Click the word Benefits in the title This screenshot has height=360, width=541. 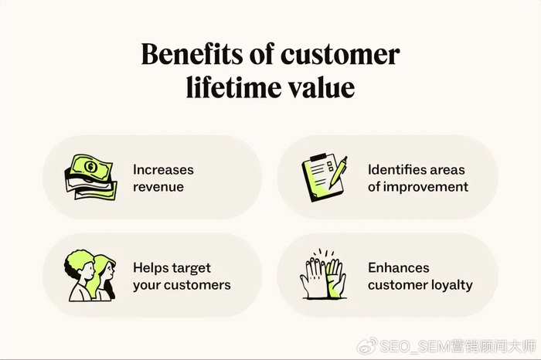[x=192, y=55]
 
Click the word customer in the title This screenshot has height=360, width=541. [x=340, y=55]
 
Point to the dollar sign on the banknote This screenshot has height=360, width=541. [x=90, y=167]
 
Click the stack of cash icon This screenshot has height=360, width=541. [x=90, y=177]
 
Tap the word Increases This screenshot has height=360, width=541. [x=163, y=170]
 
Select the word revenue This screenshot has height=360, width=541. [x=158, y=187]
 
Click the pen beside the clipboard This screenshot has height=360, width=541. [x=339, y=172]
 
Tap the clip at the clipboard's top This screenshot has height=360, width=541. [x=318, y=158]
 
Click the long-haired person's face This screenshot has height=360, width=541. [x=109, y=271]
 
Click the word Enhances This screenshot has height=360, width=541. [x=399, y=267]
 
